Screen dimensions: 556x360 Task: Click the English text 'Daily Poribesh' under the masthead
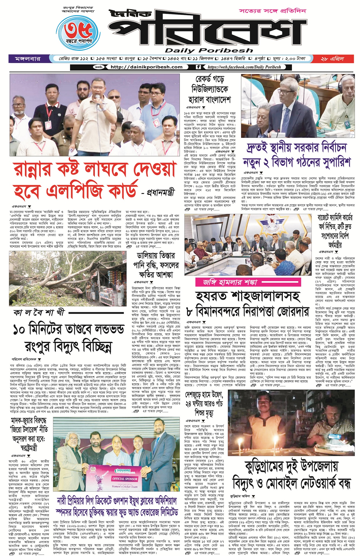pos(209,51)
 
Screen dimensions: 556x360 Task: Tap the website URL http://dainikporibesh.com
pos(146,67)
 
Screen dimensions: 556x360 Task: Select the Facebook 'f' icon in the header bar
pos(198,67)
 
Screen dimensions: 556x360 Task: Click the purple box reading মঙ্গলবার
pos(28,59)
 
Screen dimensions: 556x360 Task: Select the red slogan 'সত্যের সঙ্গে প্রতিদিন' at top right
pos(272,11)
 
